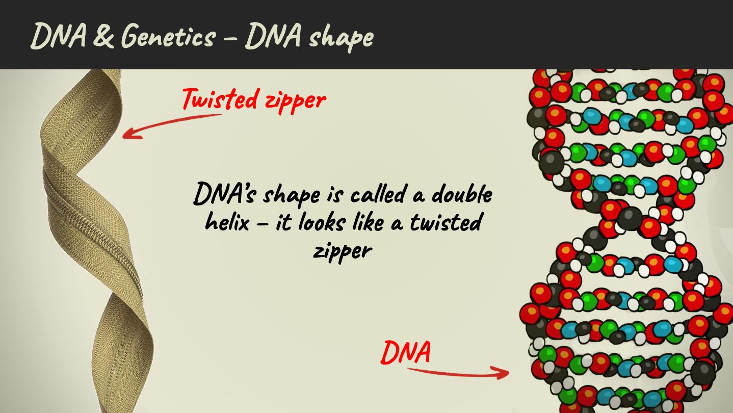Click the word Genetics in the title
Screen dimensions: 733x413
[169, 36]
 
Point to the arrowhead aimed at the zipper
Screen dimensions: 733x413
[132, 133]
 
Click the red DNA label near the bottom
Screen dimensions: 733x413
[406, 352]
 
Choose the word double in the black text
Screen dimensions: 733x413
[462, 194]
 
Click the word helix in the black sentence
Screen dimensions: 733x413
[227, 222]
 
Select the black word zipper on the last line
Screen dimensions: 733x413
[343, 252]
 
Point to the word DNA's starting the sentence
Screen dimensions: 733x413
[224, 194]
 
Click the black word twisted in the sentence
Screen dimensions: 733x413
[446, 222]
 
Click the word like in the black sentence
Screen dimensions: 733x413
[368, 222]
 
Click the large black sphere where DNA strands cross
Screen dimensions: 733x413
[630, 218]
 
